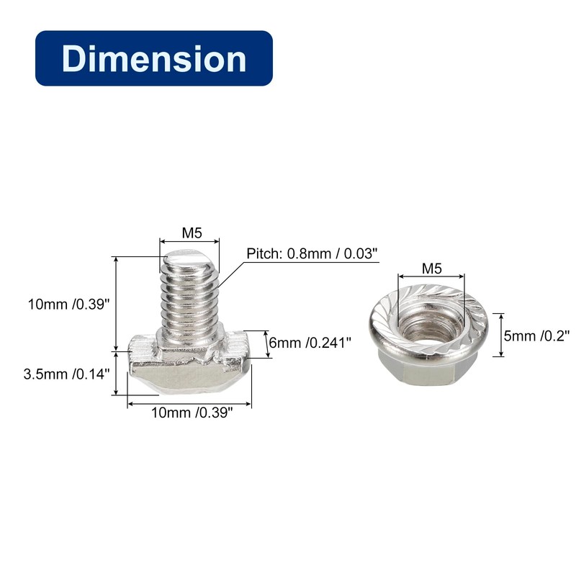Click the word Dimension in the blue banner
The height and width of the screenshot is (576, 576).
(154, 59)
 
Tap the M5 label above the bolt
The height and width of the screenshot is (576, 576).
(192, 233)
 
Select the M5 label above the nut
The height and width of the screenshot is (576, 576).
(431, 269)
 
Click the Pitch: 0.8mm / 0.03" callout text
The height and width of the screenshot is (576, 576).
(312, 253)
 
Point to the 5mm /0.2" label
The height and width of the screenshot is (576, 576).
(536, 336)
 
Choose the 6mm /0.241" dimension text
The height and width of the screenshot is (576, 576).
(310, 343)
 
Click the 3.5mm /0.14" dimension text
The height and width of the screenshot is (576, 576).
(66, 374)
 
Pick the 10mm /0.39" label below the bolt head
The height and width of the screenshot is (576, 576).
(192, 413)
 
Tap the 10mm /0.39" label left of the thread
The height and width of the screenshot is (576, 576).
(68, 304)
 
